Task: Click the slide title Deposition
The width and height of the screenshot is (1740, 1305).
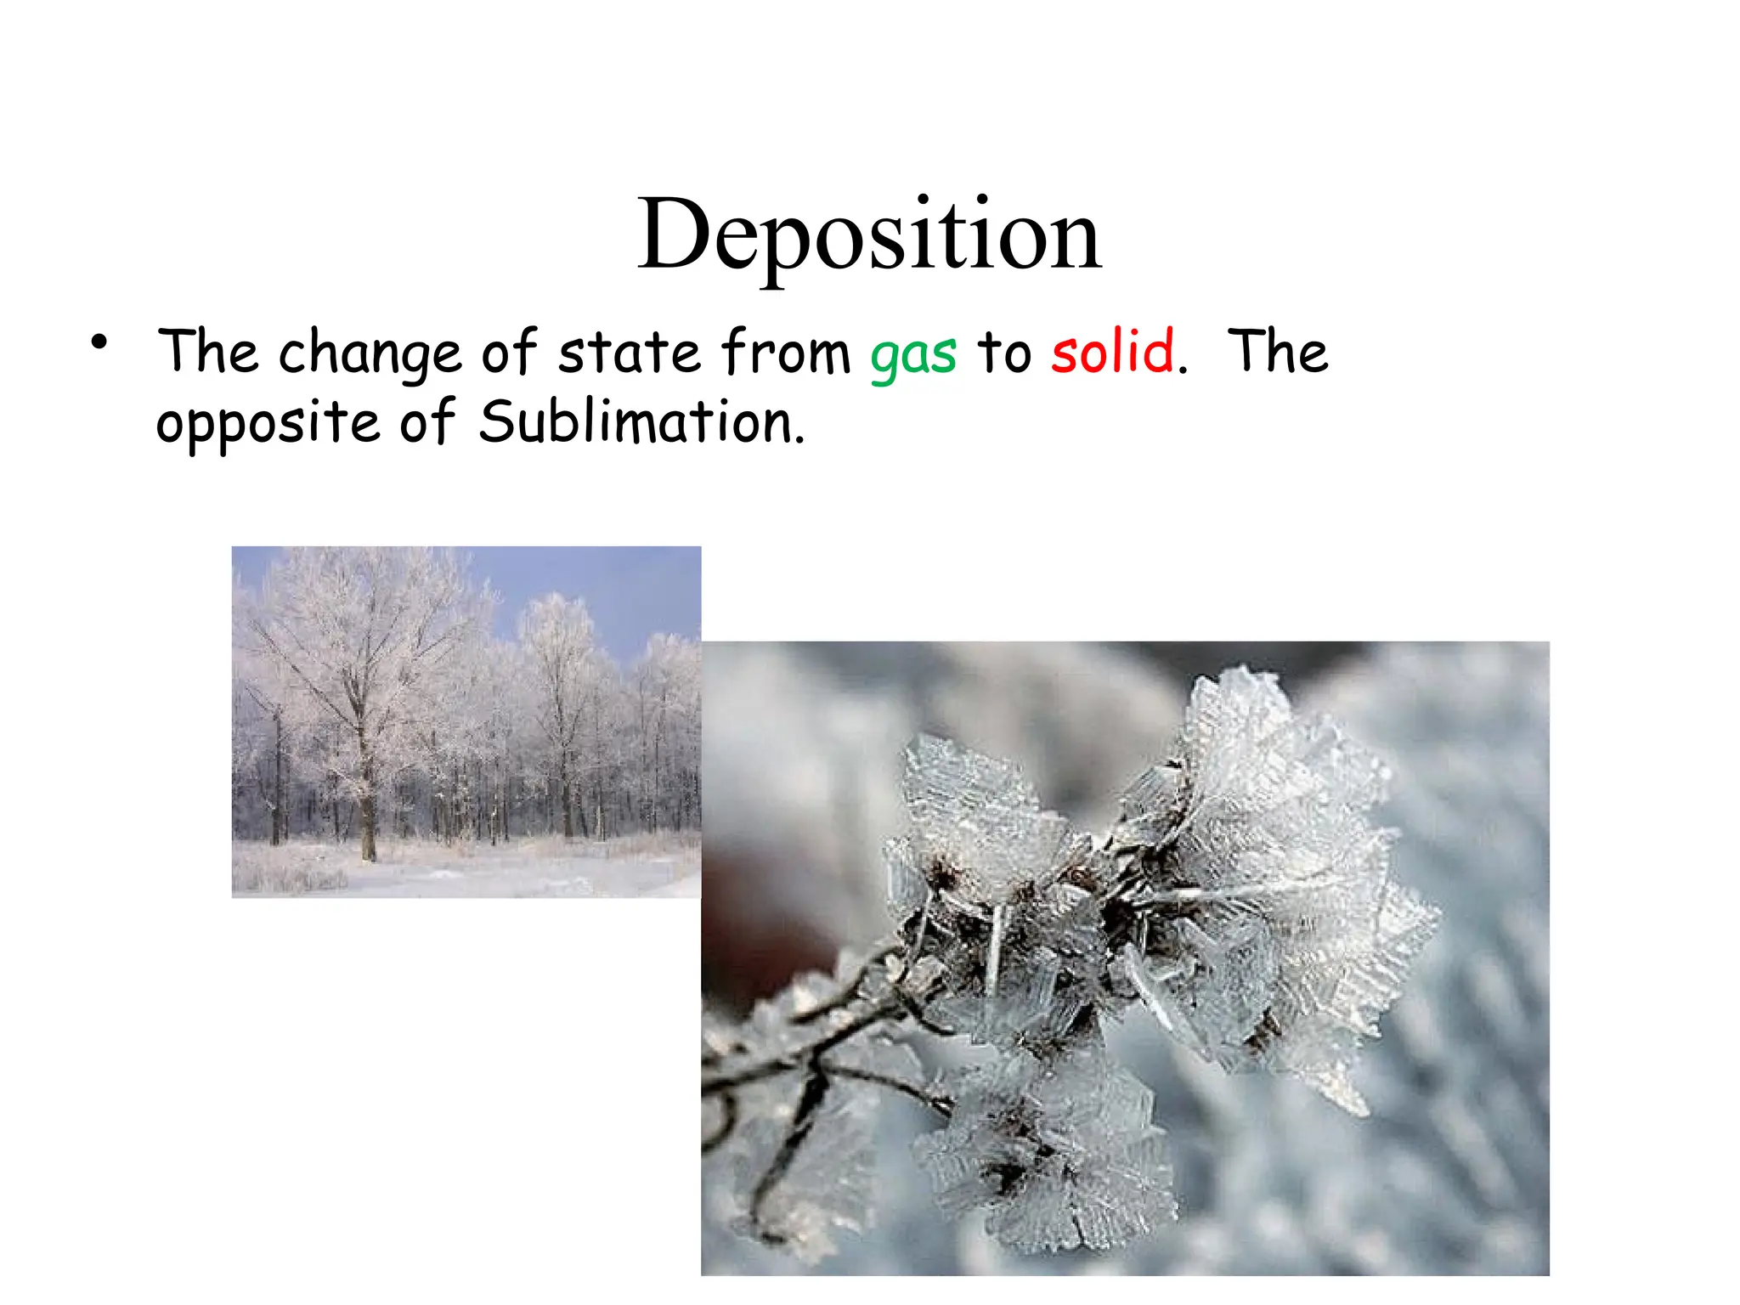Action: pos(869,234)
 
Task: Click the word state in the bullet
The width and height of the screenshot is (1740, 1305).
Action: pos(629,352)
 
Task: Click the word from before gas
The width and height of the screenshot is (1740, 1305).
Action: pos(786,352)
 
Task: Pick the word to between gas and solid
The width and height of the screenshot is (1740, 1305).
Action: pos(1003,352)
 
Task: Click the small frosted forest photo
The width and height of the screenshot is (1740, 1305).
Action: pos(466,721)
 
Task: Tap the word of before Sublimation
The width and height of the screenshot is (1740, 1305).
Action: pos(427,422)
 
